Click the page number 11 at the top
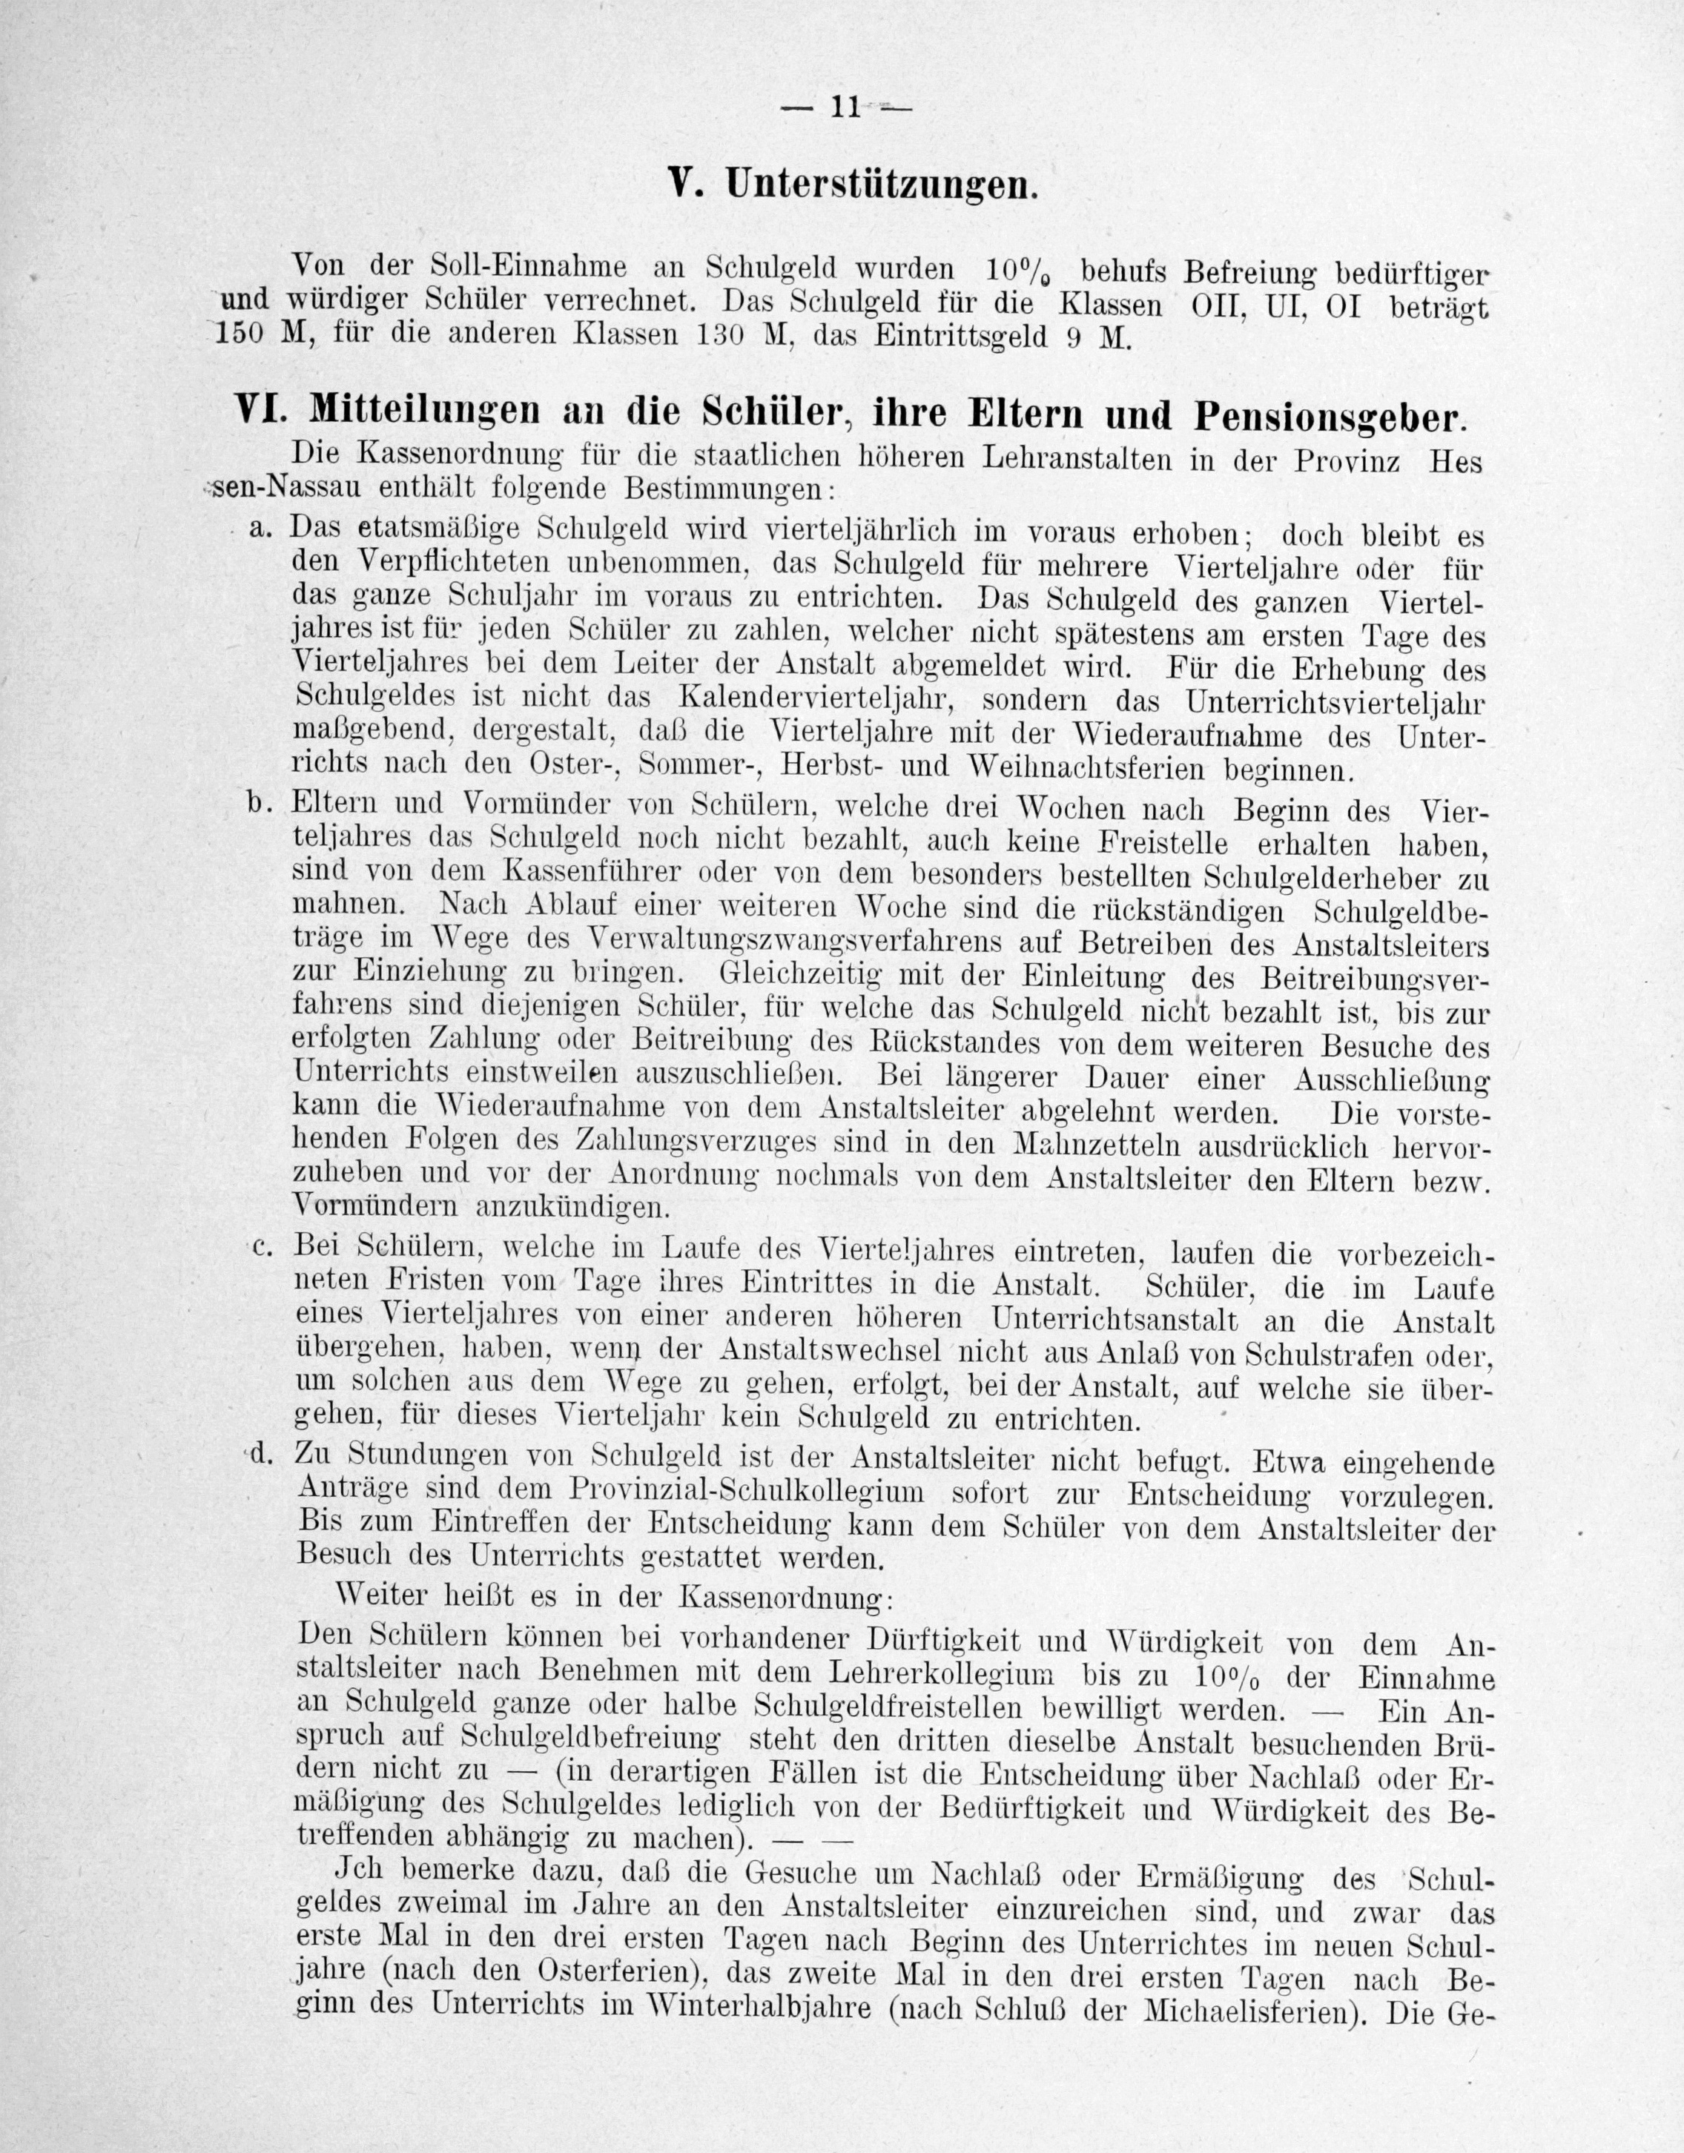click(x=846, y=107)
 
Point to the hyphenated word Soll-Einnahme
click(x=530, y=266)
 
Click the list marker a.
click(x=260, y=529)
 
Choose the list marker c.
click(x=261, y=1248)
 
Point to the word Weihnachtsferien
click(x=1089, y=766)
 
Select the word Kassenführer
click(x=590, y=873)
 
